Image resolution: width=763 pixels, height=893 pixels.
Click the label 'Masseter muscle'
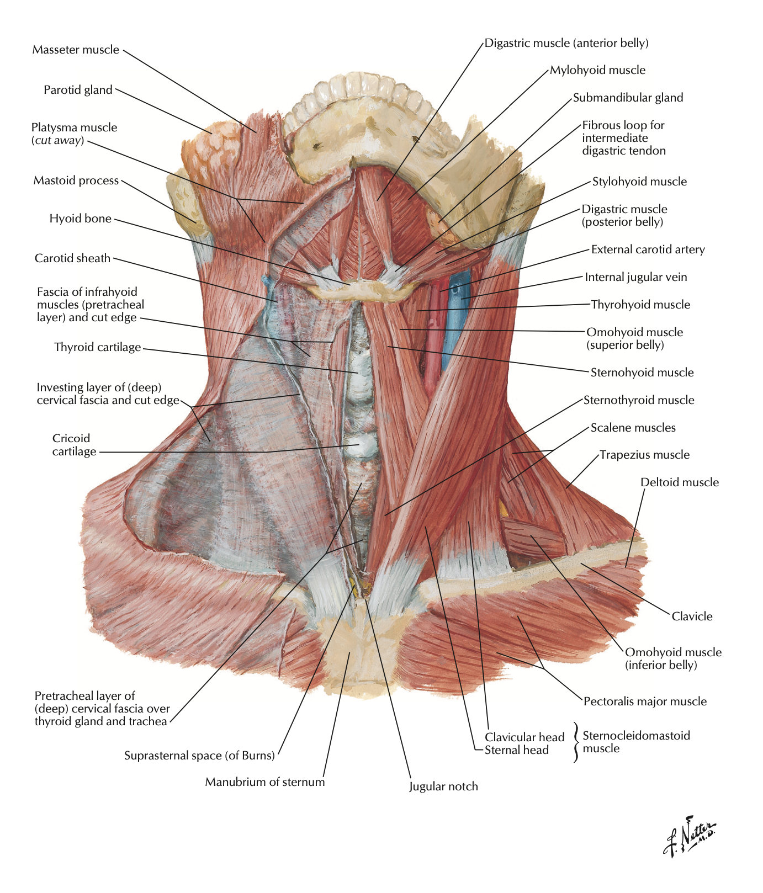coord(76,50)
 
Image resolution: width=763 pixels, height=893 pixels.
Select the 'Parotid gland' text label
coord(78,90)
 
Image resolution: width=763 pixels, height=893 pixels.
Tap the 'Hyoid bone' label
coord(80,219)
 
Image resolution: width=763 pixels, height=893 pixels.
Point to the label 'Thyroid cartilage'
coord(98,347)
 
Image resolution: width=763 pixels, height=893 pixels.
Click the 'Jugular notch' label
coord(443,786)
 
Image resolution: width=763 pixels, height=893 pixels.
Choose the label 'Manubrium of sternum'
coord(265,782)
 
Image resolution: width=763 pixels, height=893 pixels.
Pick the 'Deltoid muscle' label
coord(680,482)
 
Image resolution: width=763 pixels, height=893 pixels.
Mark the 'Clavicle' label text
coord(692,616)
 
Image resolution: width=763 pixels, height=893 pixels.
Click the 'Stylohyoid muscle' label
coord(639,182)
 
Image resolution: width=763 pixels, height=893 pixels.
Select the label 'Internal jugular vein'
coord(636,277)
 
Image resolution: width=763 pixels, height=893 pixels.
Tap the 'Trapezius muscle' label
coord(644,455)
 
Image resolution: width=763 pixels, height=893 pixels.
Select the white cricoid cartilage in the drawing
coord(359,445)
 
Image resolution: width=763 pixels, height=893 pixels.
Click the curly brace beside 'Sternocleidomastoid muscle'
coord(576,742)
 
